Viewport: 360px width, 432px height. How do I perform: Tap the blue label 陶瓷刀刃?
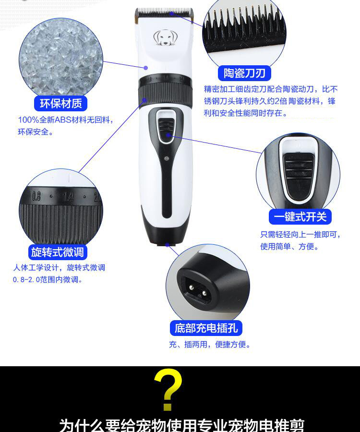click(244, 73)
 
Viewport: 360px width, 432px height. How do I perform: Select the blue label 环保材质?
click(60, 103)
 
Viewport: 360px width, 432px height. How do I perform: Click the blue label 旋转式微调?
click(59, 252)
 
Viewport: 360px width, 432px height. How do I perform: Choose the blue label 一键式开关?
click(300, 217)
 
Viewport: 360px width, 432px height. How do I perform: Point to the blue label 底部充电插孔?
click(206, 328)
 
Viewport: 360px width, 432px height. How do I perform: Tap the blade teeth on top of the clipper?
click(164, 12)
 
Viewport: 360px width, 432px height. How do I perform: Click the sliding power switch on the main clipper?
click(166, 129)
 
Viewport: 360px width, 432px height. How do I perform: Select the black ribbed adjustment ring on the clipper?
click(165, 91)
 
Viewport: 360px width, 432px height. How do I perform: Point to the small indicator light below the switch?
click(166, 158)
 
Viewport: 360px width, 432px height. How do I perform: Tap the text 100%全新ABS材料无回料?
click(66, 120)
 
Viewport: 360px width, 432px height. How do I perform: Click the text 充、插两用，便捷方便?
click(210, 344)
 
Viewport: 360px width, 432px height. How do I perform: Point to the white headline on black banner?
click(181, 424)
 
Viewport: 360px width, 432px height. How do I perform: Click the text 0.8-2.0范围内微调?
click(48, 279)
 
